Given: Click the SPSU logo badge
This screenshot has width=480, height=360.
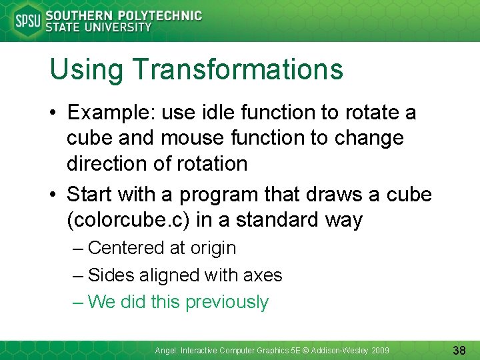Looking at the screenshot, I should (27, 20).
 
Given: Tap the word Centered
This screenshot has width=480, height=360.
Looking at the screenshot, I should (126, 248).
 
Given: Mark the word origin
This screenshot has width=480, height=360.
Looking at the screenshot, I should (213, 249).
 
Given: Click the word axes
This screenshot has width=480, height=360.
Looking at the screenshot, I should (263, 275).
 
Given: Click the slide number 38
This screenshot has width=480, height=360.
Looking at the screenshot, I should (459, 349).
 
